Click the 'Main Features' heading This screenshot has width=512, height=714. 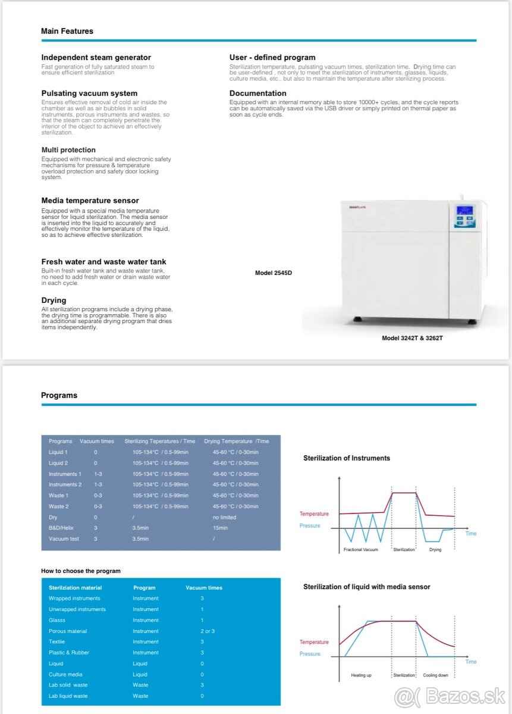pyautogui.click(x=67, y=31)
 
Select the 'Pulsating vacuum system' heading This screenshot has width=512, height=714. pyautogui.click(x=89, y=93)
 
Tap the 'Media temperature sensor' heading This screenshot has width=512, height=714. pyautogui.click(x=90, y=201)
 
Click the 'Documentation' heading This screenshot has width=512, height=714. pyautogui.click(x=257, y=93)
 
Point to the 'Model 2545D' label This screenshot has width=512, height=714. pyautogui.click(x=274, y=273)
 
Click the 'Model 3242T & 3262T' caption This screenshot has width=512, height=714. pyautogui.click(x=412, y=338)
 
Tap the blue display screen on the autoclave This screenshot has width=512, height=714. pyautogui.click(x=464, y=211)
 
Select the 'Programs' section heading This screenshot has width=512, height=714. pyautogui.click(x=59, y=395)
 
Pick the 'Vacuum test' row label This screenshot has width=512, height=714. pyautogui.click(x=63, y=538)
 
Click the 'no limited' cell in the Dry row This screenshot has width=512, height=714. pyautogui.click(x=224, y=517)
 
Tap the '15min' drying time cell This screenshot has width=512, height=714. pyautogui.click(x=220, y=528)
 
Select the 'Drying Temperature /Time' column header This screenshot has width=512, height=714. pyautogui.click(x=236, y=441)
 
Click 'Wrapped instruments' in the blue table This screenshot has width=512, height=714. pyautogui.click(x=74, y=599)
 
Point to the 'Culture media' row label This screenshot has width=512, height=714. pyautogui.click(x=65, y=674)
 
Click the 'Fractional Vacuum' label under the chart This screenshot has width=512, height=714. pyautogui.click(x=360, y=550)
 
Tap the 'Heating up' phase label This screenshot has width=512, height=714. pyautogui.click(x=361, y=675)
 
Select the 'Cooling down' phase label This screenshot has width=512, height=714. pyautogui.click(x=435, y=675)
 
